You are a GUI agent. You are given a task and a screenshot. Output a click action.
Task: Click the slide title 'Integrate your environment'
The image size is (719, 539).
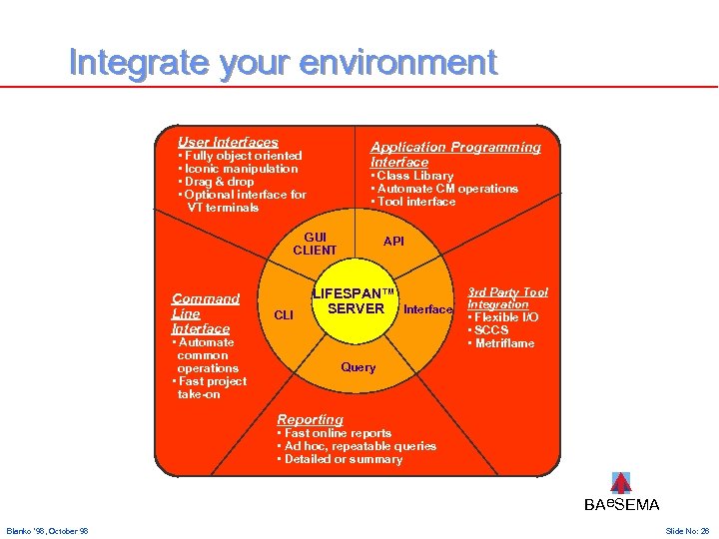click(x=283, y=63)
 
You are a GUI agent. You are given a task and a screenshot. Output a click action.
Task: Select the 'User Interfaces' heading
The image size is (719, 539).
click(x=228, y=143)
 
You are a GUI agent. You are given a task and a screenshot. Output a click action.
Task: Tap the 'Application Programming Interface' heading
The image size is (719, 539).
click(x=454, y=154)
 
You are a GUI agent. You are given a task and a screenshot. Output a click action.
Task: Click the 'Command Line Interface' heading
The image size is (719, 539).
click(x=206, y=312)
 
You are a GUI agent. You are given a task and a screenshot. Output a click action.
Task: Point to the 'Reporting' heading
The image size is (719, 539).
click(x=310, y=419)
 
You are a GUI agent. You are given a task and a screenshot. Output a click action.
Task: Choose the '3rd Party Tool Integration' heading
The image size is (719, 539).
click(x=507, y=297)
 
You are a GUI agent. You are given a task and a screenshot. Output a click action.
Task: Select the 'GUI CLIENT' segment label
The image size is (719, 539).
click(x=315, y=244)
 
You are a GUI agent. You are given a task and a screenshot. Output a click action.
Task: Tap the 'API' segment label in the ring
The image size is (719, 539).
click(x=394, y=242)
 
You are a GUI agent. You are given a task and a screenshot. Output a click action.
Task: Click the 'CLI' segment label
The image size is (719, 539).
click(x=284, y=315)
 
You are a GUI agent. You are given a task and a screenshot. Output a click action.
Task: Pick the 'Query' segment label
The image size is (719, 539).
click(x=359, y=367)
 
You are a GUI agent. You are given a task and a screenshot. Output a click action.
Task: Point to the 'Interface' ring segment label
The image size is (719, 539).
click(x=428, y=309)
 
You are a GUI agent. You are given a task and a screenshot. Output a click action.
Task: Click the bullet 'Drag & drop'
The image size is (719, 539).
click(x=217, y=182)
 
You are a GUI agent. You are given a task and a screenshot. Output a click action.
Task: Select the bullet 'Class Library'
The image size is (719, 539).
click(x=414, y=176)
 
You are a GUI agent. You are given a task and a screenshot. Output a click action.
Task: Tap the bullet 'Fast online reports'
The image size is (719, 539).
click(x=338, y=433)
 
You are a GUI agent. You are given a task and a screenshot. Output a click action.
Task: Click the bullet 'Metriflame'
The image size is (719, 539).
click(x=503, y=343)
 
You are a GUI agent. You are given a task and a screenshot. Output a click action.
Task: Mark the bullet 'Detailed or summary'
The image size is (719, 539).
click(x=343, y=459)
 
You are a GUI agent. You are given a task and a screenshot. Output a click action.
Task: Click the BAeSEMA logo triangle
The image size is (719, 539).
click(x=621, y=483)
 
